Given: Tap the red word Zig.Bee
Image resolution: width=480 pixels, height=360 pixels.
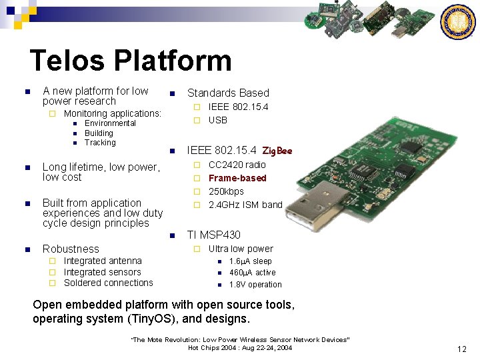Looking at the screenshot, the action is [x=277, y=151].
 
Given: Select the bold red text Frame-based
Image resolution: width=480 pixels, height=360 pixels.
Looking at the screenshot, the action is [x=237, y=178].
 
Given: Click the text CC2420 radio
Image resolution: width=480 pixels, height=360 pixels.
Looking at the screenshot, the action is [x=237, y=165].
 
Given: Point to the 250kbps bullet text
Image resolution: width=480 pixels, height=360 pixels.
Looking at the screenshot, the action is [x=226, y=191].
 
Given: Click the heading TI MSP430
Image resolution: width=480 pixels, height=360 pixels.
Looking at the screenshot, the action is [x=213, y=235].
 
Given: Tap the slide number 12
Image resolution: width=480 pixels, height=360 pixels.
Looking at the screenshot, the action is [x=462, y=349].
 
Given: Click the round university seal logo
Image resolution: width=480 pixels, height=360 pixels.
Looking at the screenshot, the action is [x=459, y=22].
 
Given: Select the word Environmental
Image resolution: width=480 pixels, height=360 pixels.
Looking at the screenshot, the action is [x=110, y=123].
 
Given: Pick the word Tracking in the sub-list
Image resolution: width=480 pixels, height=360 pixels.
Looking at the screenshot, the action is [x=100, y=143].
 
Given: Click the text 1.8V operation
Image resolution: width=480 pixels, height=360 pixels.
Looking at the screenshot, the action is [x=255, y=285].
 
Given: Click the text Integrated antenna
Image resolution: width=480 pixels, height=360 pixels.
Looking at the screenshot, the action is [x=103, y=261].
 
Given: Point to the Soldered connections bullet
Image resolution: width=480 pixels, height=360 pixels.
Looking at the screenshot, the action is [x=108, y=283].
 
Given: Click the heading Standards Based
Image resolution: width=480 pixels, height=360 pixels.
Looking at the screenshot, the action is [x=228, y=93].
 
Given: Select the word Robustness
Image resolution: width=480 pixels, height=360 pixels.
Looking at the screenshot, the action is [x=71, y=249].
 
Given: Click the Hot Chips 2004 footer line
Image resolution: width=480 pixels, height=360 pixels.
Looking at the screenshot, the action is [x=240, y=348].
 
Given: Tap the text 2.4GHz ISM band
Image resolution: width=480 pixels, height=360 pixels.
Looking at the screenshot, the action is [x=245, y=205].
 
